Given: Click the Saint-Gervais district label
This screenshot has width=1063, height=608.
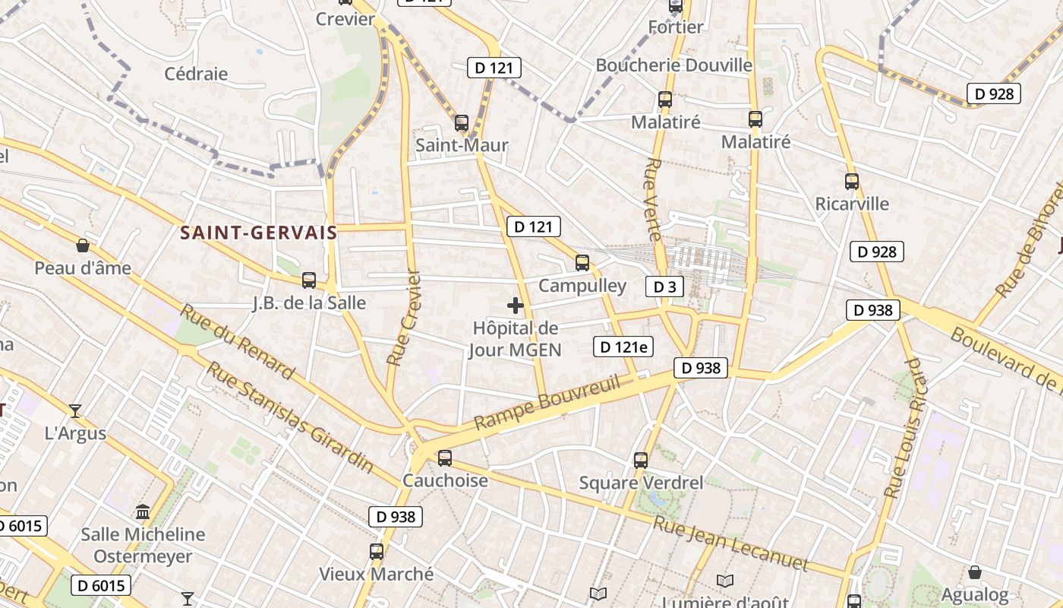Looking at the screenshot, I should (x=259, y=233).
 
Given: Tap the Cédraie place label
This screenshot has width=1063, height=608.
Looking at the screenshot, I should (x=196, y=74).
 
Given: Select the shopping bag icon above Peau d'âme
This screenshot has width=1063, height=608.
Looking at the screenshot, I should (x=83, y=245).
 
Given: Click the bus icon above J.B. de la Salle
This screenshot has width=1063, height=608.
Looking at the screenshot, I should (x=309, y=280).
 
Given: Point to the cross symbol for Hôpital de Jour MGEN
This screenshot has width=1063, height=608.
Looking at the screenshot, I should (x=516, y=306).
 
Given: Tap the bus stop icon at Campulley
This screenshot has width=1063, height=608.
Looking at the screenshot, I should (x=582, y=263).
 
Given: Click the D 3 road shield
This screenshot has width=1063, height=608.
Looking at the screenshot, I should (x=664, y=287).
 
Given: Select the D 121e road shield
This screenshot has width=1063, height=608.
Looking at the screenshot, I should (x=623, y=347).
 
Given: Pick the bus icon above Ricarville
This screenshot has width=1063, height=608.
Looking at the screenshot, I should (x=852, y=182).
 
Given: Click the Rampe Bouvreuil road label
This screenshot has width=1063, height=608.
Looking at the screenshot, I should (x=547, y=401).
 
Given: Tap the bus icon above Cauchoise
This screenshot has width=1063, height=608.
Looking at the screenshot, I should (x=445, y=458).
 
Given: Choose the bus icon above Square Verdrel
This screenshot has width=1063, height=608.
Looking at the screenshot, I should (x=641, y=460).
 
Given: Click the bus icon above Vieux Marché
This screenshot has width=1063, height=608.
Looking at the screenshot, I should (x=377, y=552).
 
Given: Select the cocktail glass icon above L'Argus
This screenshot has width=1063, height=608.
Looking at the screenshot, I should (x=75, y=411).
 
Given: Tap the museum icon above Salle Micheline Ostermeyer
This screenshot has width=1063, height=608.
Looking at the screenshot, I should (x=143, y=511).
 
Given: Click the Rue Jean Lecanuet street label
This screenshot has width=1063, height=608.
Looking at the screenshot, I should (x=730, y=543).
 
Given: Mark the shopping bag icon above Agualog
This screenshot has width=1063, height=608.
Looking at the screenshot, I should (x=975, y=572).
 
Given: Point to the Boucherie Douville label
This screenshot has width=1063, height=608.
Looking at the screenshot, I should (x=673, y=65).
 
